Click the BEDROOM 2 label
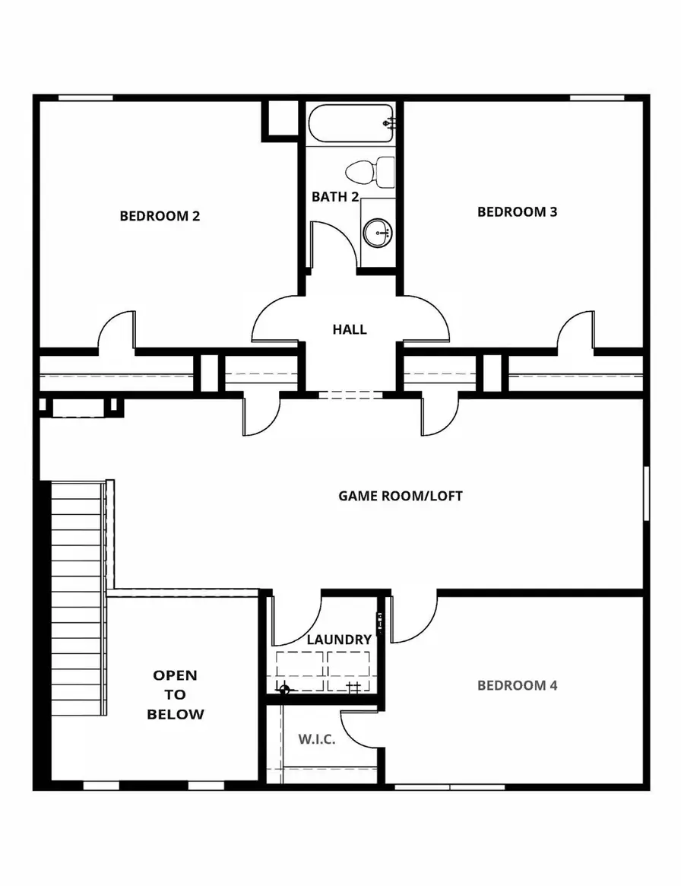(x=160, y=216)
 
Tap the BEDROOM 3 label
(x=517, y=211)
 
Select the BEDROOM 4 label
(x=517, y=685)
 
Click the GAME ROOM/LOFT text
(x=401, y=496)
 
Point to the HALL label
(x=350, y=329)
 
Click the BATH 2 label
(x=335, y=196)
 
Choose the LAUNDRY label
(x=339, y=640)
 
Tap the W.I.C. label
(x=318, y=739)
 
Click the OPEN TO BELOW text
(x=176, y=694)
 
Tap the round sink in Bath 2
(x=376, y=233)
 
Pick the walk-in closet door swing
(x=359, y=729)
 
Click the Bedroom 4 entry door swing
(x=414, y=618)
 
